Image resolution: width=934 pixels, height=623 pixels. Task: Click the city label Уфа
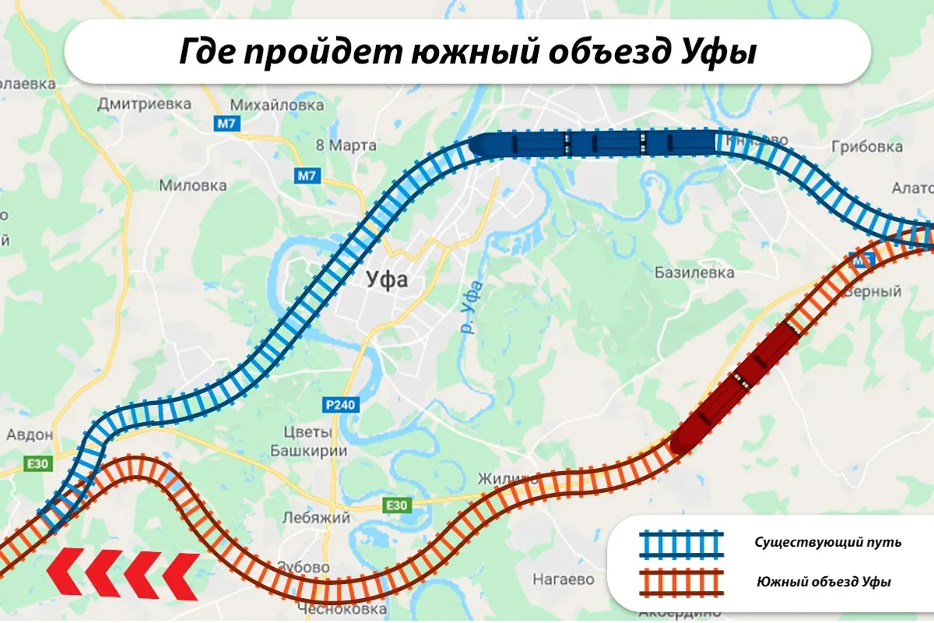click(x=387, y=280)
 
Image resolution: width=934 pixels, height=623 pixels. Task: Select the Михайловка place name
click(x=278, y=104)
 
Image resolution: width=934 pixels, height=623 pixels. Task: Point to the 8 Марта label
click(x=346, y=146)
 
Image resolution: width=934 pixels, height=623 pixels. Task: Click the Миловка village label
click(x=192, y=185)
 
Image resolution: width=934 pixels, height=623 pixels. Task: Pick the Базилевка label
click(x=694, y=273)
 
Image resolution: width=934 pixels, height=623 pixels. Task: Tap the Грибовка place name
click(x=867, y=146)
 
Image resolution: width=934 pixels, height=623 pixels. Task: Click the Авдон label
click(x=30, y=435)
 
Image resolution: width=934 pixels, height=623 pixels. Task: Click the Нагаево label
click(x=564, y=579)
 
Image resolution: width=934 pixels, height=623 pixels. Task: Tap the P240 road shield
click(x=340, y=405)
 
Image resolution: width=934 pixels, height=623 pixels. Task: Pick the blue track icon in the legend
click(x=681, y=543)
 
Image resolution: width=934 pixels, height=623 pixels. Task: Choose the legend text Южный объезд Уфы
click(x=824, y=582)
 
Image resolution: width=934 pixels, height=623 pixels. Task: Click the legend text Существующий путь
click(x=827, y=542)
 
